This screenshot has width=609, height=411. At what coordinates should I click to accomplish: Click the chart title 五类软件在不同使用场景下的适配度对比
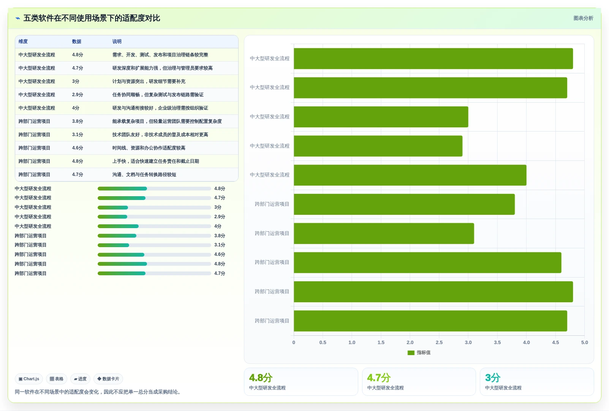point(92,18)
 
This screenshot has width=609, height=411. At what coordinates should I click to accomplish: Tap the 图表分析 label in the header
point(583,18)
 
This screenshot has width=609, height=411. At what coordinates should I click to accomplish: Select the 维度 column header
point(23,41)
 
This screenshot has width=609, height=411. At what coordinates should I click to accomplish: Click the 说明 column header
point(117,41)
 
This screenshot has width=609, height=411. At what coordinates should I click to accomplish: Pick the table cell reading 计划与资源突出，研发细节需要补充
point(149,81)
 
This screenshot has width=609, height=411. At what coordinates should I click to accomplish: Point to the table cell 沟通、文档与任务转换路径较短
point(144,175)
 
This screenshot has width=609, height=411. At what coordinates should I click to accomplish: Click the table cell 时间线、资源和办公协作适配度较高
point(149,148)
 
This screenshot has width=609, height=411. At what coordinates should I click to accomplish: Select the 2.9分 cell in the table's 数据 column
point(78,95)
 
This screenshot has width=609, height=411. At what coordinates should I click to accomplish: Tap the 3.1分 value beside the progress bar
point(220,245)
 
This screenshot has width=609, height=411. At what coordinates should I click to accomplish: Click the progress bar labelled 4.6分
point(154,255)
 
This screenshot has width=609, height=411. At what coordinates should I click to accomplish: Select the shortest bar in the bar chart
point(378,146)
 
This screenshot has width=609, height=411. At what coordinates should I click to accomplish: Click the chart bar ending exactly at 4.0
point(410,175)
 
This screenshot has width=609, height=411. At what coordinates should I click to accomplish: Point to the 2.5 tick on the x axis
point(439,343)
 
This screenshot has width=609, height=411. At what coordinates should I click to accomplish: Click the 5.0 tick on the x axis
point(585,343)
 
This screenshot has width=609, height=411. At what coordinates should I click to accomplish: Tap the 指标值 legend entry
point(419,352)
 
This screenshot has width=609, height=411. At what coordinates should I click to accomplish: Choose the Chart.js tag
point(29,379)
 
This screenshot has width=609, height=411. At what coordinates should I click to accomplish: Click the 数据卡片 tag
point(108,379)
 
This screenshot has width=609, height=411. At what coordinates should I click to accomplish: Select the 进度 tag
point(80,379)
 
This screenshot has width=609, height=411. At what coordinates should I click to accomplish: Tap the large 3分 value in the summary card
point(493,378)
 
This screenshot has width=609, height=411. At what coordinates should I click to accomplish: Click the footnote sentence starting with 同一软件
point(98,392)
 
